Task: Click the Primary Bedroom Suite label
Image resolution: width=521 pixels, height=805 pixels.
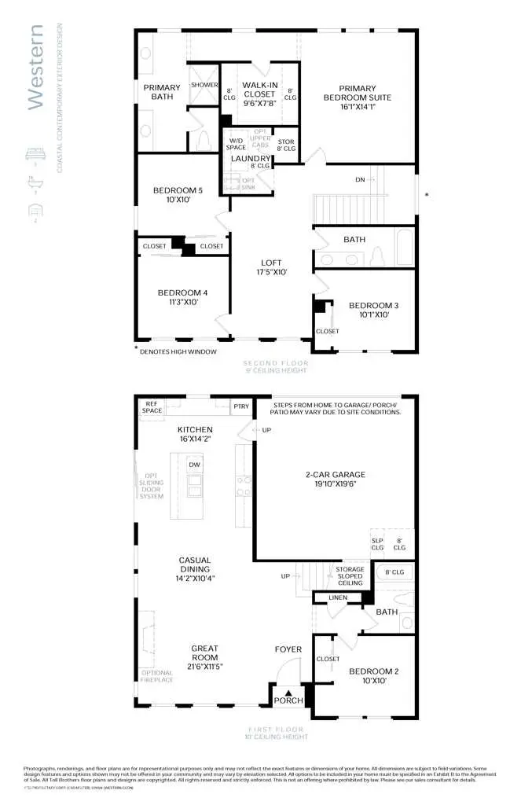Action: click(358, 93)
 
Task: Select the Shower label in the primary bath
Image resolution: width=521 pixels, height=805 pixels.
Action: click(204, 85)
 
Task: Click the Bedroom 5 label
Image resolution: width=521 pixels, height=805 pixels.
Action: click(178, 190)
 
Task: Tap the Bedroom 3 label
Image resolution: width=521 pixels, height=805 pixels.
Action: click(369, 305)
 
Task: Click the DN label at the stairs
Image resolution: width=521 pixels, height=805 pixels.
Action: click(360, 180)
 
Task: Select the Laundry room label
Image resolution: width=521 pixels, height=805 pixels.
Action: click(251, 158)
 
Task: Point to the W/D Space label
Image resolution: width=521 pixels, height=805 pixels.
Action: click(237, 143)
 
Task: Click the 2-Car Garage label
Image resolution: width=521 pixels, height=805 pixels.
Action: click(336, 475)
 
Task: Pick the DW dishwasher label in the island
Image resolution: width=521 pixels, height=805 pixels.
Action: click(194, 465)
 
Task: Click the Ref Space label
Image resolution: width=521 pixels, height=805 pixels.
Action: click(152, 407)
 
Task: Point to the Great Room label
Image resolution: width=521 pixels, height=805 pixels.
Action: click(204, 652)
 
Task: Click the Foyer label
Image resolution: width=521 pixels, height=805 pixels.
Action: click(288, 649)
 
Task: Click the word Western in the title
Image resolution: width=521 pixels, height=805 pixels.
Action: click(35, 67)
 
